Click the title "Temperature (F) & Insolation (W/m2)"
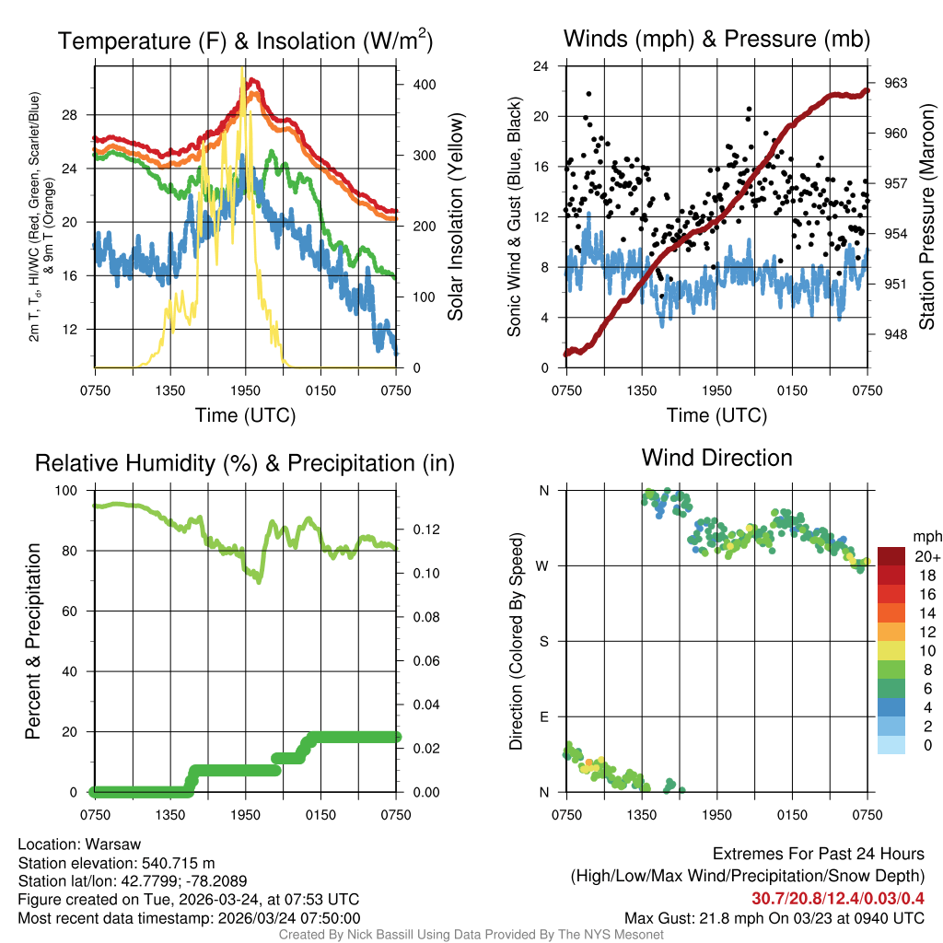pos(245,41)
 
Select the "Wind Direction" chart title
pos(716,458)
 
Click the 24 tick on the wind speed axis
pos(541,66)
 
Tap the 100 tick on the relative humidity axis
pos(70,491)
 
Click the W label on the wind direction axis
pos(543,565)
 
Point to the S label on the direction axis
pos(544,641)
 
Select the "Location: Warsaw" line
pos(79,844)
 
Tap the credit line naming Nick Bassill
pos(471,935)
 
